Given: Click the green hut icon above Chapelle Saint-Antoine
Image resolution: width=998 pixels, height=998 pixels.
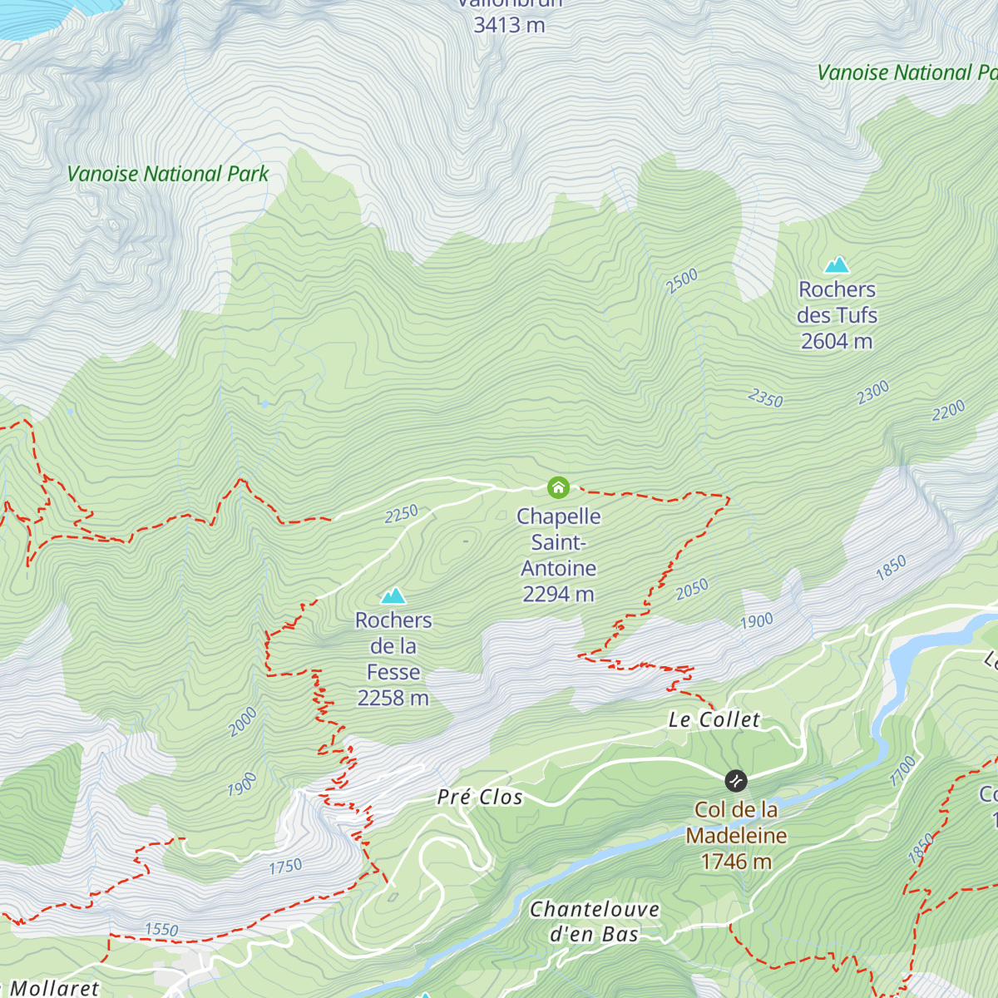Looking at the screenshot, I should click(x=558, y=487).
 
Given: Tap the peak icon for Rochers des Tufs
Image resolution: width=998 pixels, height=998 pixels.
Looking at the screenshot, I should click(x=837, y=265).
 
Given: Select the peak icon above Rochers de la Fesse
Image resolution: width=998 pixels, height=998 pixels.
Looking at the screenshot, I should click(x=393, y=595).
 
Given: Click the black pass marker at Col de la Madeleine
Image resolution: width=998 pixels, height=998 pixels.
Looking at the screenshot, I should click(x=735, y=781).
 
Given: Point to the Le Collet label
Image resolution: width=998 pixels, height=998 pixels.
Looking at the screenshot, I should click(x=714, y=720).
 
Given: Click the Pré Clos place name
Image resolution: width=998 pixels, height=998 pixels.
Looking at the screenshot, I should click(x=480, y=798).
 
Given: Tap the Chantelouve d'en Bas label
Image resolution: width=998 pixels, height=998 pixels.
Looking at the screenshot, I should click(x=595, y=921).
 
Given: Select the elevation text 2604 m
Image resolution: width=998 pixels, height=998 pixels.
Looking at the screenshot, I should click(x=837, y=342).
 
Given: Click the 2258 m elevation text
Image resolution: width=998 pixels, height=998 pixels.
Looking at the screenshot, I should click(x=393, y=699).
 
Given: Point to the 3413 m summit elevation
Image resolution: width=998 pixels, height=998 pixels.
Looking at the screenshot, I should click(x=509, y=26).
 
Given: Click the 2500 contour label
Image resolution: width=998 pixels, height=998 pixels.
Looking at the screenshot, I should click(x=682, y=281).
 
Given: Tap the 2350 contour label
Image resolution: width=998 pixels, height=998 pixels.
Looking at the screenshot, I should click(x=765, y=399).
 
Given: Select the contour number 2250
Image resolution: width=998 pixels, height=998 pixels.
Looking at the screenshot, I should click(x=401, y=515).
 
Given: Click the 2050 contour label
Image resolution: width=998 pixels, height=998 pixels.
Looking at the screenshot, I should click(x=692, y=590).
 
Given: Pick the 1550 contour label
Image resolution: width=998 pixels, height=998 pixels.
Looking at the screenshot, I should click(x=161, y=930).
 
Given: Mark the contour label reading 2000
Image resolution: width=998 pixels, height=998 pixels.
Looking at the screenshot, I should click(x=243, y=722).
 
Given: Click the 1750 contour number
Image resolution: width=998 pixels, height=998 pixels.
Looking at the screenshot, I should click(x=285, y=867).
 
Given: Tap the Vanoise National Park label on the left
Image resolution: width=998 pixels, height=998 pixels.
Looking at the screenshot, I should click(x=168, y=174).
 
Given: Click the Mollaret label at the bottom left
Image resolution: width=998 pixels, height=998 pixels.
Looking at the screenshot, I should click(x=55, y=988).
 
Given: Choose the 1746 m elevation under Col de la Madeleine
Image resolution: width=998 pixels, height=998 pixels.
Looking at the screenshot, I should click(x=736, y=862).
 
